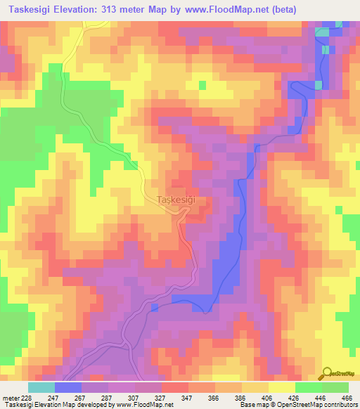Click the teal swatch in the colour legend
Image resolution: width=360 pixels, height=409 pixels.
point(41,387)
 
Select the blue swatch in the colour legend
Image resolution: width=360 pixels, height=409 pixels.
point(68,387)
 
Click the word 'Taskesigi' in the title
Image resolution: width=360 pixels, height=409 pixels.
point(27,9)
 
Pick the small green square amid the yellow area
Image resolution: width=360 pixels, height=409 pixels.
point(203,86)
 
